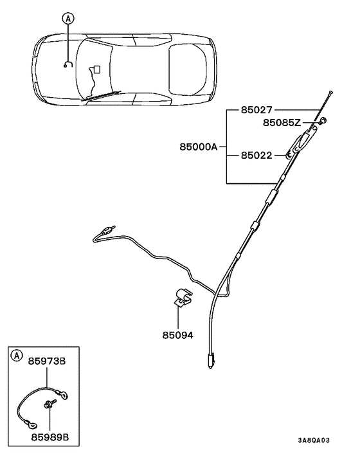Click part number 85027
coord(256,110)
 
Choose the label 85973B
coord(47,361)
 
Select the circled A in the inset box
coord(17,355)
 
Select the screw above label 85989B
coord(49,404)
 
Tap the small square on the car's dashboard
coord(96,68)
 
